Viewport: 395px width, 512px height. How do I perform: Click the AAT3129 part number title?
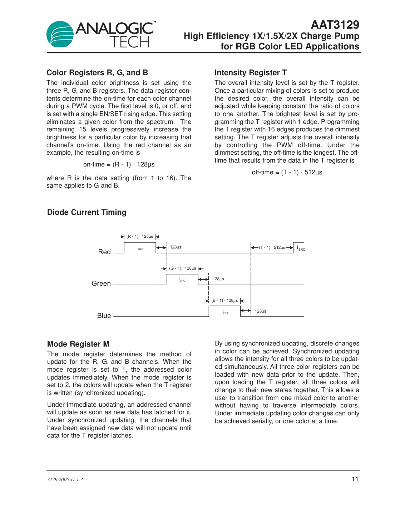[335, 25]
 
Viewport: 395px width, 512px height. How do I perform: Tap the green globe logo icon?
[60, 34]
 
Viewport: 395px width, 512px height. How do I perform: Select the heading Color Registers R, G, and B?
[97, 73]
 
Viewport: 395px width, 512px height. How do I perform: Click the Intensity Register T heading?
[251, 73]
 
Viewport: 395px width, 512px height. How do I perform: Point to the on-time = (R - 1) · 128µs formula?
[119, 164]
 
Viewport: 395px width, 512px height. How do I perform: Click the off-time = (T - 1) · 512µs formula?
[287, 172]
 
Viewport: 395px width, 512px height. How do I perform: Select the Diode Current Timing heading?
[87, 212]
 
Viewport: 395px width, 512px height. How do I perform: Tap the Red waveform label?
[104, 252]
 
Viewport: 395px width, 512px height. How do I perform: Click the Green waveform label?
[101, 284]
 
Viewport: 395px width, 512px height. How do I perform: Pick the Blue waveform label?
[104, 316]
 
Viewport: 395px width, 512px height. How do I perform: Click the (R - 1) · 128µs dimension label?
[140, 236]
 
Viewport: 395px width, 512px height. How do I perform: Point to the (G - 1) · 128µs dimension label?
[182, 268]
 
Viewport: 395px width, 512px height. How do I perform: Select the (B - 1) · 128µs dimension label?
[224, 300]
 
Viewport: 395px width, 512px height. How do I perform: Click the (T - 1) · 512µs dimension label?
[272, 247]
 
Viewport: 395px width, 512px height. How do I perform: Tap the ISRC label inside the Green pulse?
[182, 280]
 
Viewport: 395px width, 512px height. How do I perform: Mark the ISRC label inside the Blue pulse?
[226, 312]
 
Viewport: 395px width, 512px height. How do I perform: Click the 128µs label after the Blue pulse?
[260, 311]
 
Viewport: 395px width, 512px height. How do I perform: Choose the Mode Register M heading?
[78, 344]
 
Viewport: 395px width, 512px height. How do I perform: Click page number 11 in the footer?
[355, 479]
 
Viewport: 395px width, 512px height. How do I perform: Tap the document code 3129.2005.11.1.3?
[65, 479]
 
